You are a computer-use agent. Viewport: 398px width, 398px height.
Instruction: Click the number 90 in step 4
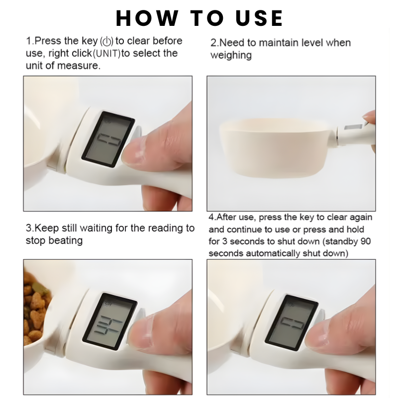[x=367, y=241]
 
